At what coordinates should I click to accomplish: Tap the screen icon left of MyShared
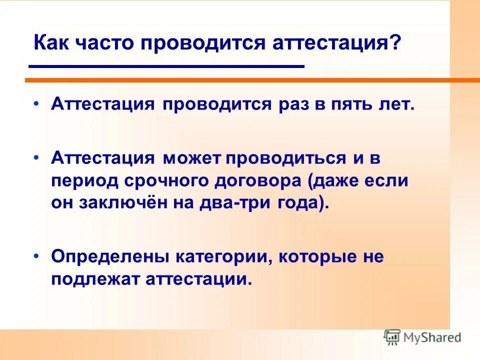[392, 337]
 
